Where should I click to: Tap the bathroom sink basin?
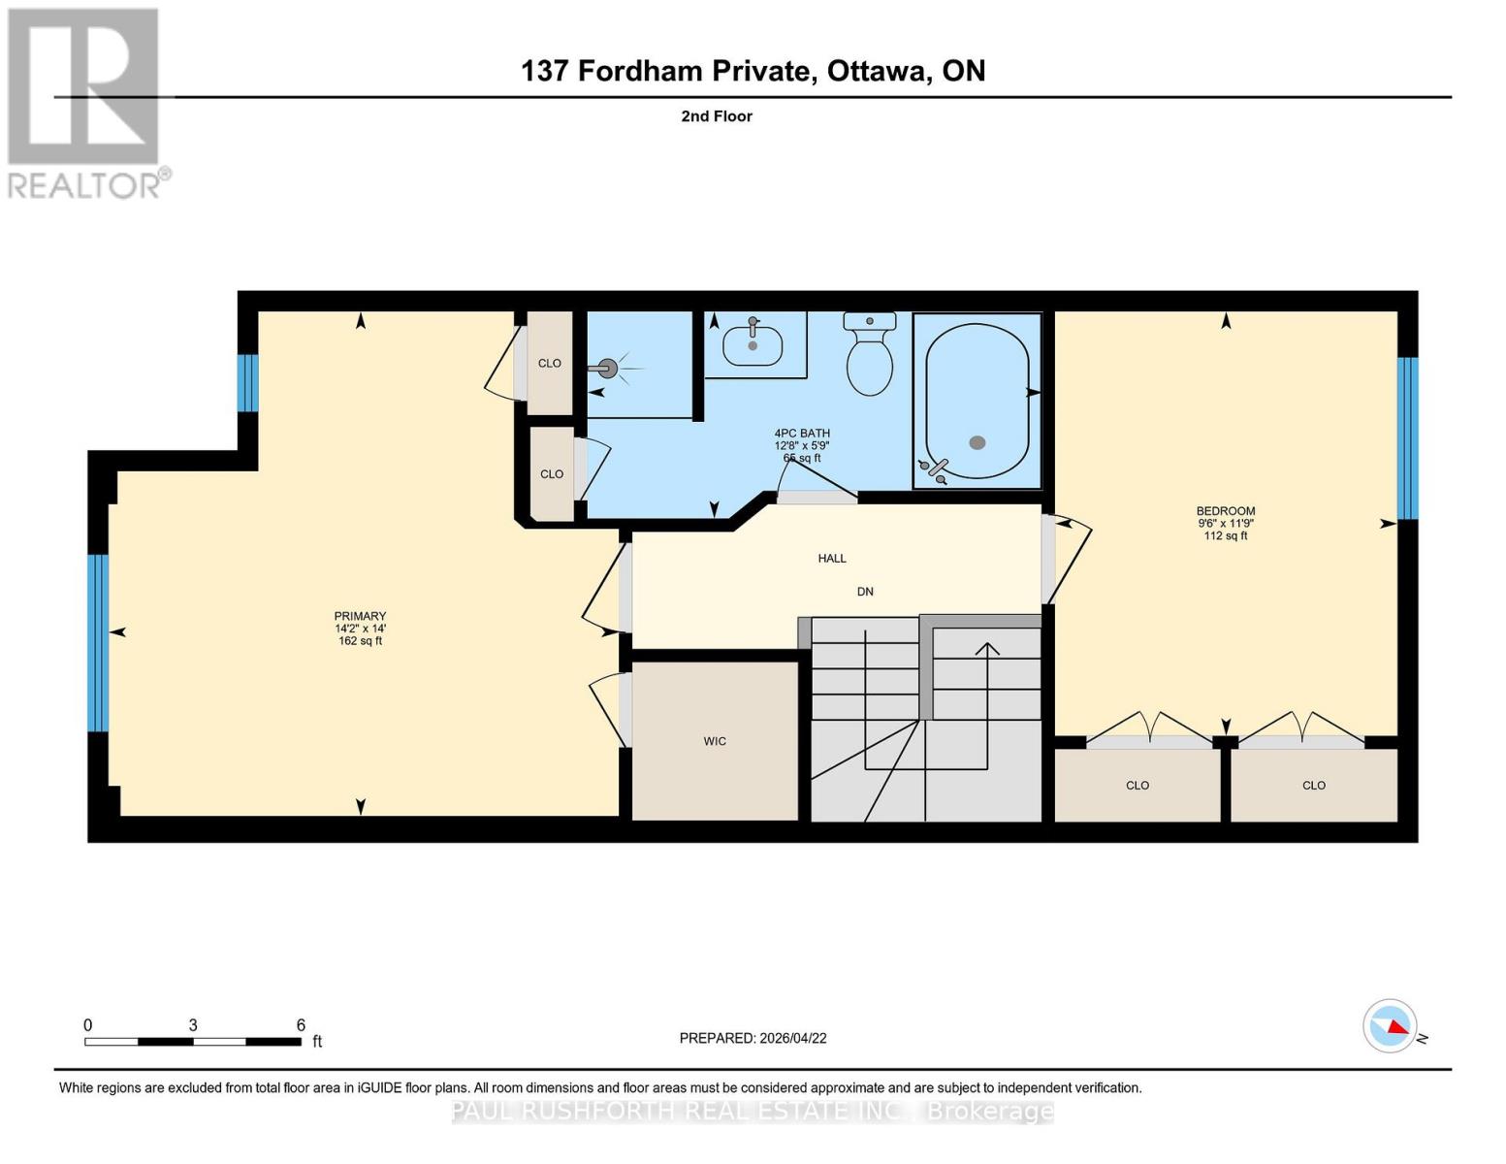(753, 344)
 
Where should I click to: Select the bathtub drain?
(977, 442)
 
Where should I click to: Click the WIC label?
(715, 741)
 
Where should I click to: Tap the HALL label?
(832, 558)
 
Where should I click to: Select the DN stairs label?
(865, 592)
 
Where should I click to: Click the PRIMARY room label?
(360, 616)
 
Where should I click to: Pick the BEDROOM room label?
(1226, 511)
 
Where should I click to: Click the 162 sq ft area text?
(360, 641)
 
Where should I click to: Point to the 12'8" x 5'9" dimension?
(801, 446)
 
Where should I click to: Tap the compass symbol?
(1391, 1025)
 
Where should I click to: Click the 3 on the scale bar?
(194, 1025)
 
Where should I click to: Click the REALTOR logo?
(85, 102)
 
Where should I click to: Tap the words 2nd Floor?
(717, 116)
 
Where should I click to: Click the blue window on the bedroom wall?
(1407, 438)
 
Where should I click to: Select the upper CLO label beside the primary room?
(550, 364)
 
